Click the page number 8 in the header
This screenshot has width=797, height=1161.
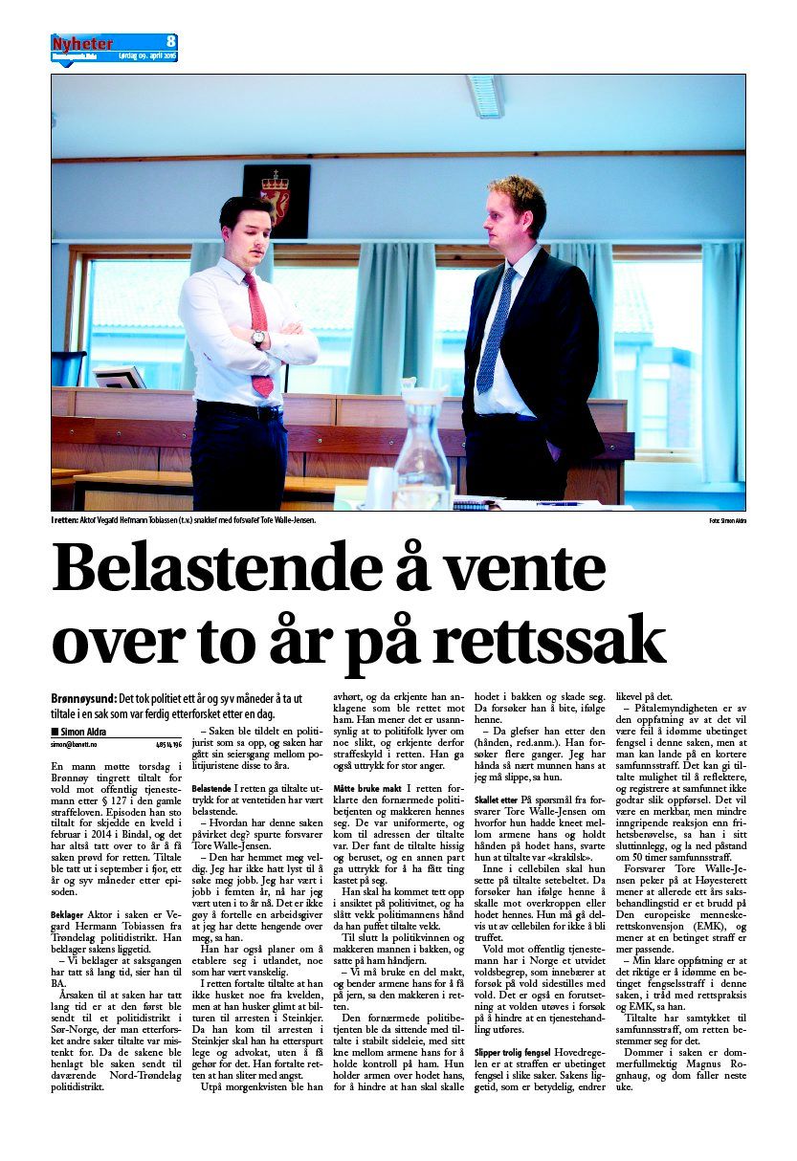[170, 41]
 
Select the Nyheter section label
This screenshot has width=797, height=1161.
[82, 43]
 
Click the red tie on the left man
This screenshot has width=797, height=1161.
[259, 335]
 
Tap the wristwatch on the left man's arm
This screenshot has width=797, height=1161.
[258, 338]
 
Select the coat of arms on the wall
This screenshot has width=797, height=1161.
[277, 199]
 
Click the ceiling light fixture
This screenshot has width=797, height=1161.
[485, 96]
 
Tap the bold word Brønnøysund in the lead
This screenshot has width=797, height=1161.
[84, 699]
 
